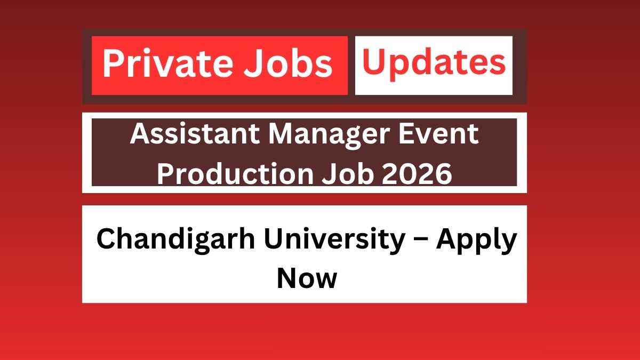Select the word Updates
point(434,63)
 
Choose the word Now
point(307,278)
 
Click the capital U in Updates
point(373,63)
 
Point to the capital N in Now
point(286,278)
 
